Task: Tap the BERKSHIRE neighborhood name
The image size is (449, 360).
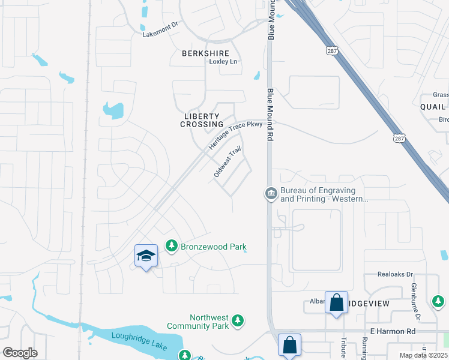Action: coord(205,53)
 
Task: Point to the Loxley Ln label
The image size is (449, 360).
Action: coord(223,62)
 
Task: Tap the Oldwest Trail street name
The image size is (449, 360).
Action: coord(228,162)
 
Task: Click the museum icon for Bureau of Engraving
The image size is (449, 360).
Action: coord(271,193)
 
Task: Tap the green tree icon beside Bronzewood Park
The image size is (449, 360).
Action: coord(172,246)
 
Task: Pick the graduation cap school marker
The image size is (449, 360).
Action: coord(146,257)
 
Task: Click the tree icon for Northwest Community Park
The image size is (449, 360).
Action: coord(238,322)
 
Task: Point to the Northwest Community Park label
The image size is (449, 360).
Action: coord(209,322)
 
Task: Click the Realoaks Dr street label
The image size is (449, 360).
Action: coord(396,274)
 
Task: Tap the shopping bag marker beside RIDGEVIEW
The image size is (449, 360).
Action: coord(336,303)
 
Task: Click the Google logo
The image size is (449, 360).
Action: coord(20,353)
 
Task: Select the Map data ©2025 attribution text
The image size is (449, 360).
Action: coord(423,355)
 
